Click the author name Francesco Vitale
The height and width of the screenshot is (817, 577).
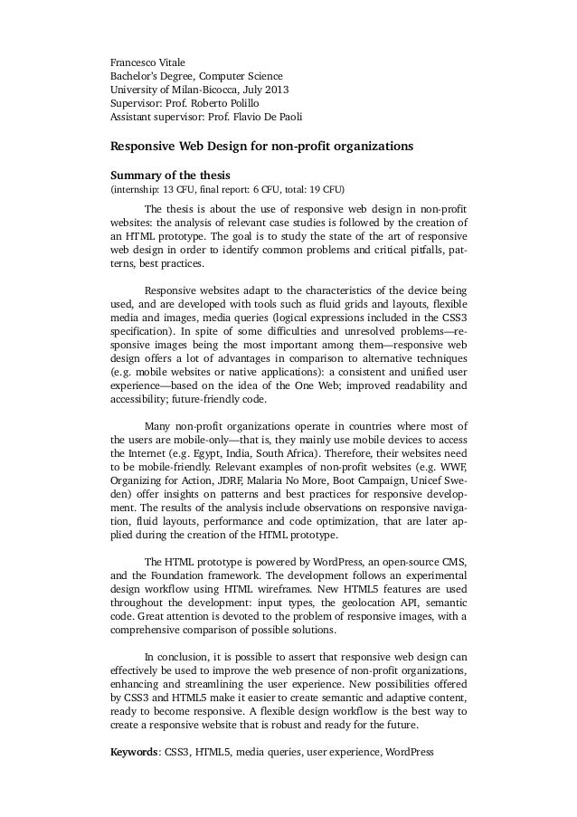[147, 62]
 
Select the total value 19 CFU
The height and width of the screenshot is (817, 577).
[322, 191]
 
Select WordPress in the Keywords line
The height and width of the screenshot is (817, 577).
[410, 752]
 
